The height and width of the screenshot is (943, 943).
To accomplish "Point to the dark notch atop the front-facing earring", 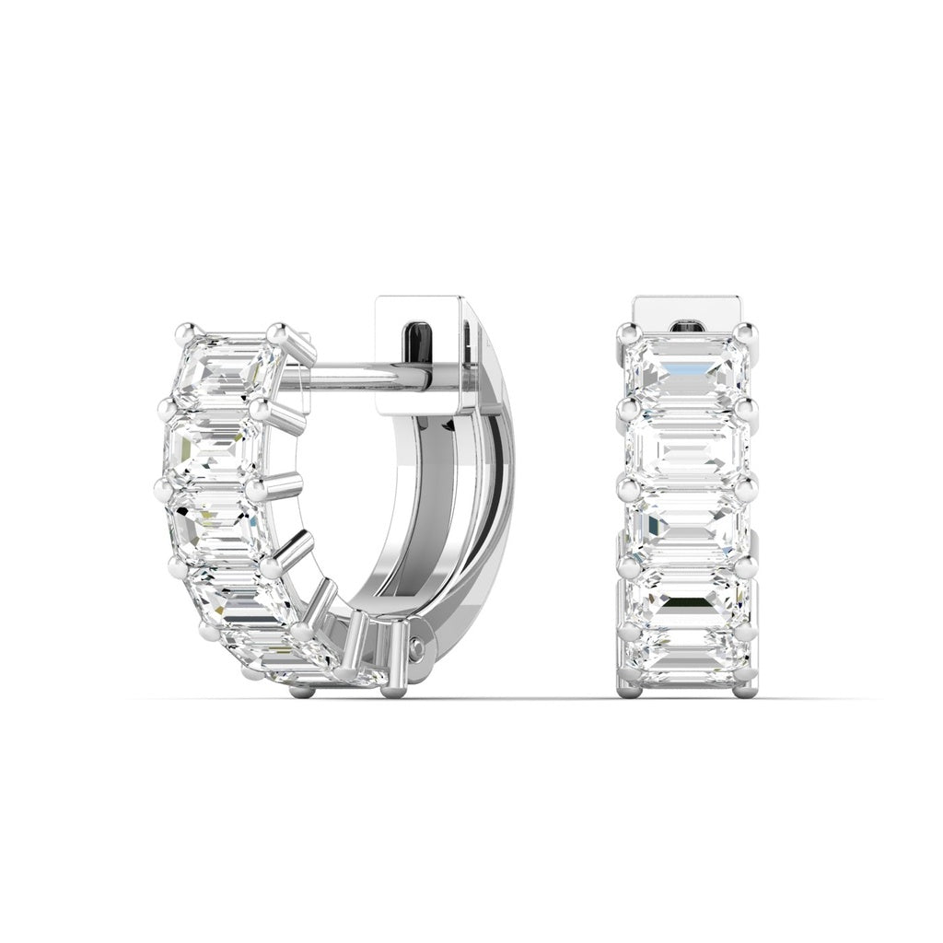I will click(x=689, y=325).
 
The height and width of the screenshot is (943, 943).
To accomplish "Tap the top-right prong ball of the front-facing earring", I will click(x=748, y=332).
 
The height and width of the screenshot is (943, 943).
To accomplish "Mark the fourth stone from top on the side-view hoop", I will click(x=230, y=594).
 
